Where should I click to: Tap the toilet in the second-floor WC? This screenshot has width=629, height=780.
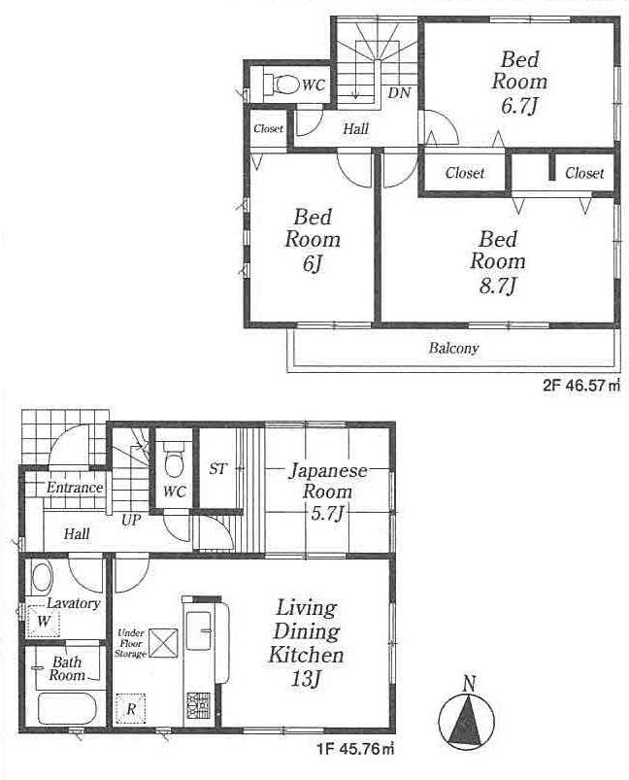click(281, 85)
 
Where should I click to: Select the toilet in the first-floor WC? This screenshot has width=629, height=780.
click(174, 457)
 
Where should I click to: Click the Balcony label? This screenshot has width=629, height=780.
click(453, 348)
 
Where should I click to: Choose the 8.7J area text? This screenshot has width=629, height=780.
click(497, 285)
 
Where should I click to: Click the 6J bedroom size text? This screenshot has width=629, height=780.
click(313, 263)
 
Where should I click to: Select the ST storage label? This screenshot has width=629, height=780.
click(217, 469)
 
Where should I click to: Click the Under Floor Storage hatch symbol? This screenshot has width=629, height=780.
click(160, 642)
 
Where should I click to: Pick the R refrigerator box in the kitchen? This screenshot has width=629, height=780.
click(130, 709)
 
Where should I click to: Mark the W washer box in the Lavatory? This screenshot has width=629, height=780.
click(44, 621)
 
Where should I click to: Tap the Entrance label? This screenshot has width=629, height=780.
click(75, 488)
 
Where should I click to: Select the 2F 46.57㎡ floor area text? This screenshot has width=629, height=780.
click(580, 386)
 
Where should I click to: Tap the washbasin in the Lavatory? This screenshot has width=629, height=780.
click(42, 579)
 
